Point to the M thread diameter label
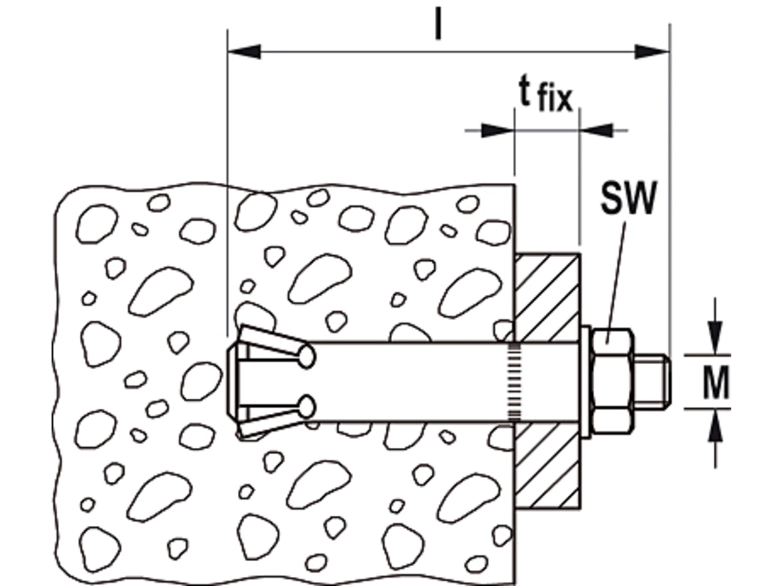pyautogui.click(x=715, y=383)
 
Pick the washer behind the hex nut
pyautogui.click(x=586, y=382)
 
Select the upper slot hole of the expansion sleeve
pyautogui.click(x=306, y=357)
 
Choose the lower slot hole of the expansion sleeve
pyautogui.click(x=306, y=406)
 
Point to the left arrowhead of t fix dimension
pyautogui.click(x=498, y=130)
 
